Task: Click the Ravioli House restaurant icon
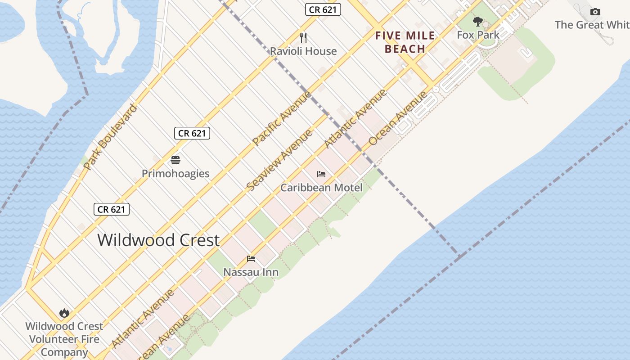(303, 37)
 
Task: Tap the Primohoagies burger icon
(175, 160)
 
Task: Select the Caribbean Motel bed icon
(321, 174)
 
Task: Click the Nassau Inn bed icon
(251, 259)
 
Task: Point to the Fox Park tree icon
(478, 21)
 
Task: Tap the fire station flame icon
(64, 313)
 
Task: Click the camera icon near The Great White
(595, 12)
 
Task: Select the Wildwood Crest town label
(158, 240)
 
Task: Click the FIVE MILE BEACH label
(405, 42)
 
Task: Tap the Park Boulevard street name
(109, 137)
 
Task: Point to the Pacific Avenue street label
(281, 118)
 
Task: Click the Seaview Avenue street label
(279, 160)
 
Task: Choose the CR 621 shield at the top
(323, 9)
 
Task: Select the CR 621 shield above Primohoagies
(192, 133)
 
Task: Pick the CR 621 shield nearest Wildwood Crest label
(112, 209)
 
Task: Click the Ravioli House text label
(303, 51)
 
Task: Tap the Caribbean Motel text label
(321, 188)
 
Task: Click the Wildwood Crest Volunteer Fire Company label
(64, 339)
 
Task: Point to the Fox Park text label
(478, 35)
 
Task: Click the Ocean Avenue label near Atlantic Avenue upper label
(398, 118)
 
